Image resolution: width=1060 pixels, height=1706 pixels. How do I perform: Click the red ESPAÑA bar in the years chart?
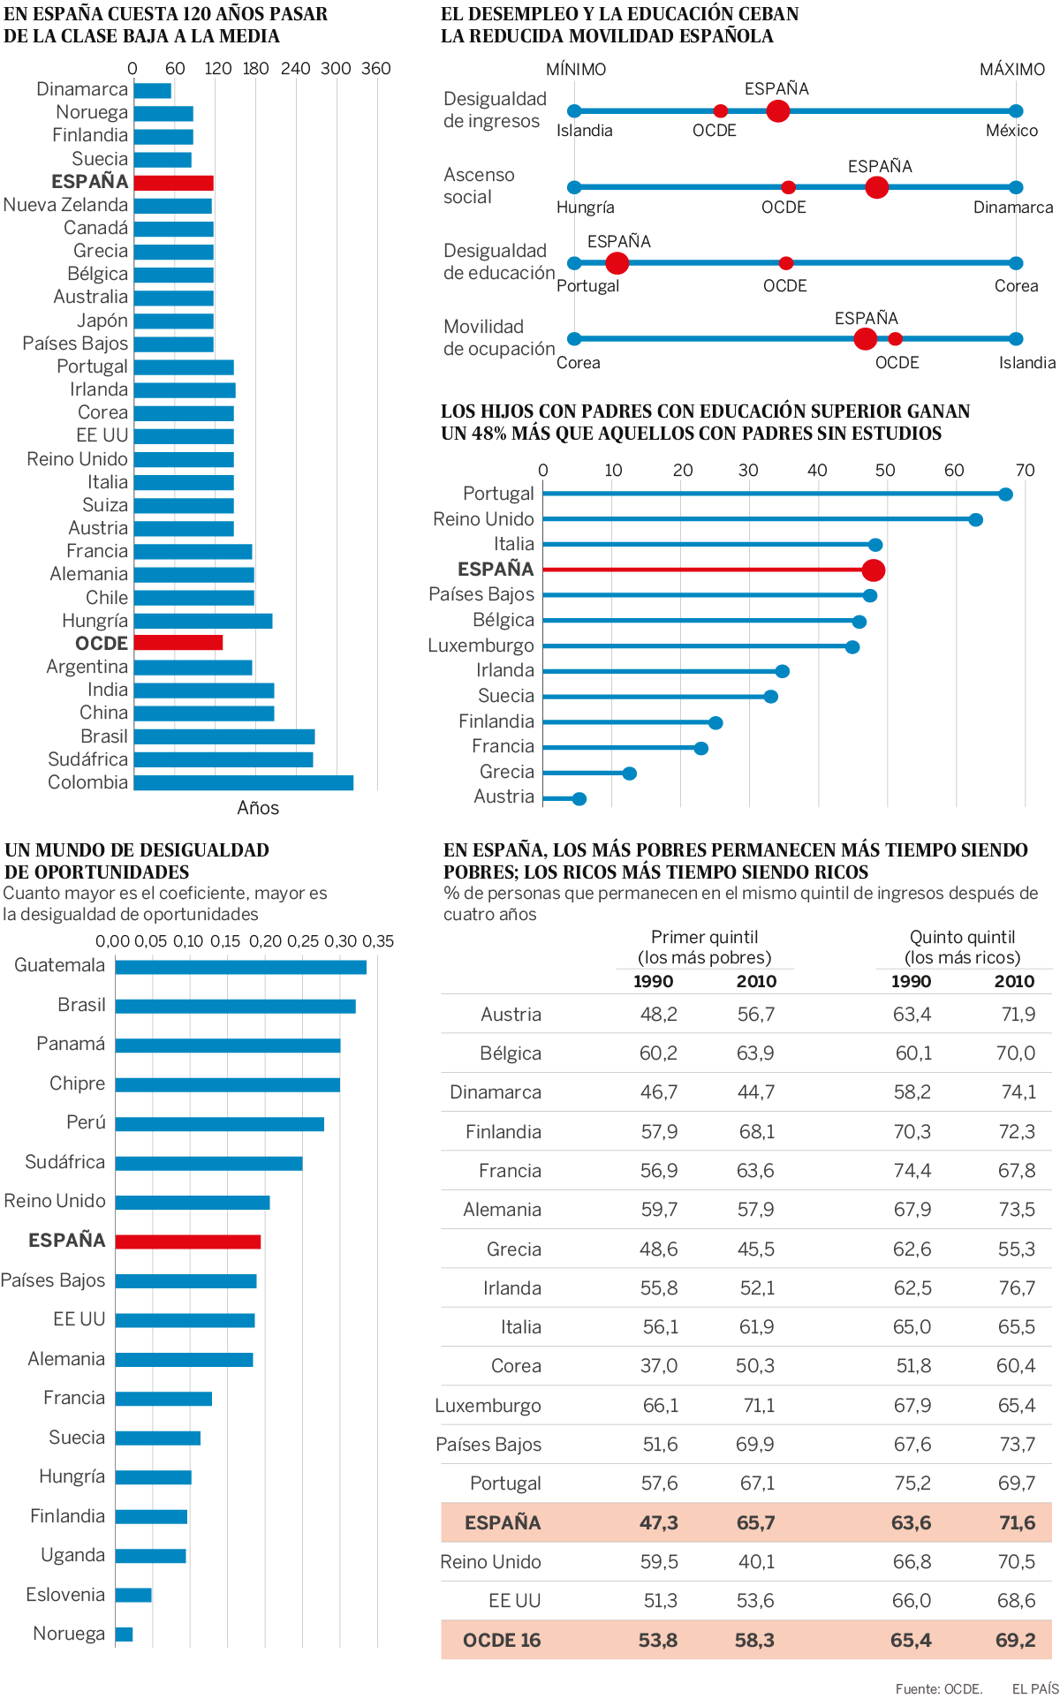pyautogui.click(x=173, y=183)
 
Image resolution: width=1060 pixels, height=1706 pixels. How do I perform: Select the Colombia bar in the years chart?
pyautogui.click(x=243, y=782)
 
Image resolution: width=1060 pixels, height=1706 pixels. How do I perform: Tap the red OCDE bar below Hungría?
pyautogui.click(x=178, y=643)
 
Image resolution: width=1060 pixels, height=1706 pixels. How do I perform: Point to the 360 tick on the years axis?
pyautogui.click(x=376, y=69)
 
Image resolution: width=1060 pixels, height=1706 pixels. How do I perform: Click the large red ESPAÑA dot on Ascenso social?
pyautogui.click(x=876, y=187)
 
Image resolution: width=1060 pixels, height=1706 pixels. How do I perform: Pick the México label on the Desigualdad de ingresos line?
pyautogui.click(x=1011, y=131)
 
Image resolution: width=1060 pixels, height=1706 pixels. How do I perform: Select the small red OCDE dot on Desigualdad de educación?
pyautogui.click(x=785, y=263)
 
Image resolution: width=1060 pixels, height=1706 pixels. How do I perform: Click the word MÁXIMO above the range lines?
pyautogui.click(x=1011, y=70)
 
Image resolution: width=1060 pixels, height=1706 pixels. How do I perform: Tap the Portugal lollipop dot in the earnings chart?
pyautogui.click(x=1005, y=494)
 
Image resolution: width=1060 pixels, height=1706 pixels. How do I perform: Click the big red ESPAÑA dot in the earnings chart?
pyautogui.click(x=873, y=570)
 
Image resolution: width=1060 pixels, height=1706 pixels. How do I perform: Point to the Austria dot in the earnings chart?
pyautogui.click(x=579, y=799)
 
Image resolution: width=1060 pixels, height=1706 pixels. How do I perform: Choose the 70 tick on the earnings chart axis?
pyautogui.click(x=1025, y=471)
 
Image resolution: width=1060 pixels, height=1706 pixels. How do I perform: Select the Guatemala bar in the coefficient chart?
pyautogui.click(x=240, y=967)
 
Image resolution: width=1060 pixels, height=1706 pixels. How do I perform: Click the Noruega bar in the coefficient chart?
pyautogui.click(x=124, y=1634)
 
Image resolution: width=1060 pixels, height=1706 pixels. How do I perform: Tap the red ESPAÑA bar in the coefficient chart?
pyautogui.click(x=187, y=1242)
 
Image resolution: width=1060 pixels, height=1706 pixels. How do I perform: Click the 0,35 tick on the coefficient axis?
pyautogui.click(x=378, y=941)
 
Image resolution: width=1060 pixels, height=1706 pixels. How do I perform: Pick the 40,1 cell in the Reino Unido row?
pyautogui.click(x=755, y=1562)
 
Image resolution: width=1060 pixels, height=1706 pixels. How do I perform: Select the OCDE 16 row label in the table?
pyautogui.click(x=502, y=1641)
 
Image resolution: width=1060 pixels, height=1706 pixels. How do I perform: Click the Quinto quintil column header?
pyautogui.click(x=962, y=947)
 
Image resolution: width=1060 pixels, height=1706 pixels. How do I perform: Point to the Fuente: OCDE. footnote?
pyautogui.click(x=938, y=1689)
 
